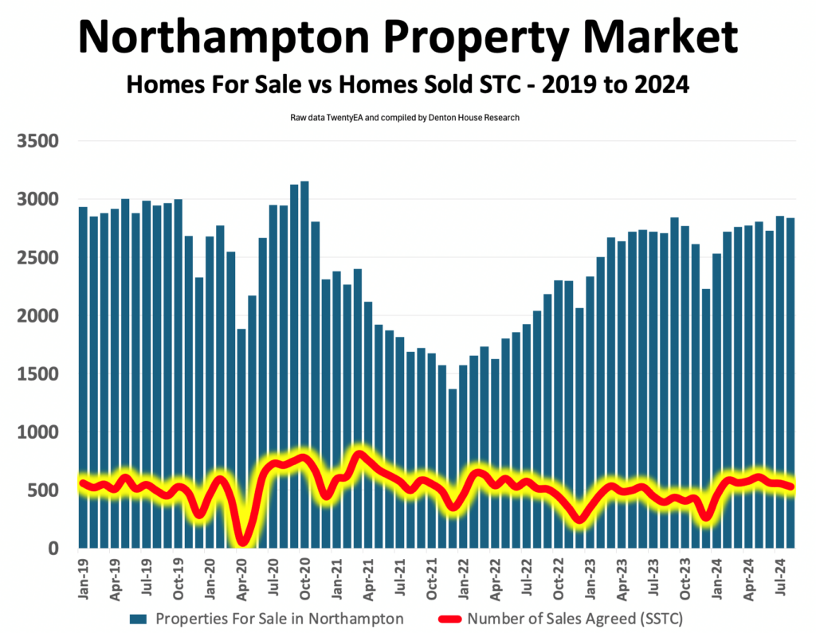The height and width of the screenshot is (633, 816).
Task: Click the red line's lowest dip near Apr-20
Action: pos(242,541)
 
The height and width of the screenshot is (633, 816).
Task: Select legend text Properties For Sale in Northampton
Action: pos(279,618)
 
